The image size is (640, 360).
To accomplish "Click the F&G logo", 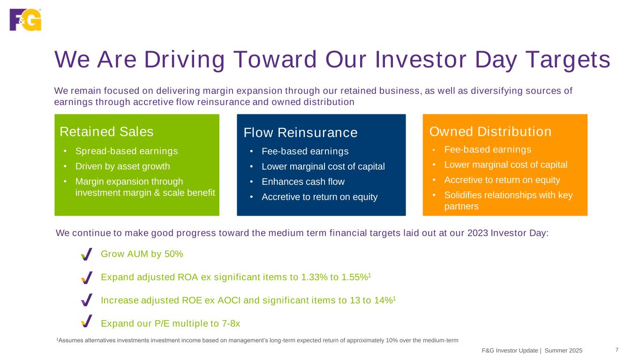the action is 25,20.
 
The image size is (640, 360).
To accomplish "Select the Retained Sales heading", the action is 106,132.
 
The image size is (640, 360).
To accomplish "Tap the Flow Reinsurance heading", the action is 300,133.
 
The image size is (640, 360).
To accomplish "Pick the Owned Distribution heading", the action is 490,132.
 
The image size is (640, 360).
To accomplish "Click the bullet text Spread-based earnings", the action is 127,151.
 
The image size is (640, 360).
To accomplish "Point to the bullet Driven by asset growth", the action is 122,166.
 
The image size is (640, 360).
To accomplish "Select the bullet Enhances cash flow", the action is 303,182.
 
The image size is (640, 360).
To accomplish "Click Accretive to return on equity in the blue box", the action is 320,197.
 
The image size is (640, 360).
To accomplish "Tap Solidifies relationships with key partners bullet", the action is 508,201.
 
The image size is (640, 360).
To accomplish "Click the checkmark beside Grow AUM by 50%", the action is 87,254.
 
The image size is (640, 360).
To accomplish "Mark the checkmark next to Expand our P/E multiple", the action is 87,321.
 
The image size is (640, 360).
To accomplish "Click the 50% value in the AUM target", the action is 173,254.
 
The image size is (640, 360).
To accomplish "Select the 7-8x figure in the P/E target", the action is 231,323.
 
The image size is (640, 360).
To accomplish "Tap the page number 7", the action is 617,350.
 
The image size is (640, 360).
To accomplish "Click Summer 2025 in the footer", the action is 564,351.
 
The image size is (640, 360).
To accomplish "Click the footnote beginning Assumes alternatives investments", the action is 257,340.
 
